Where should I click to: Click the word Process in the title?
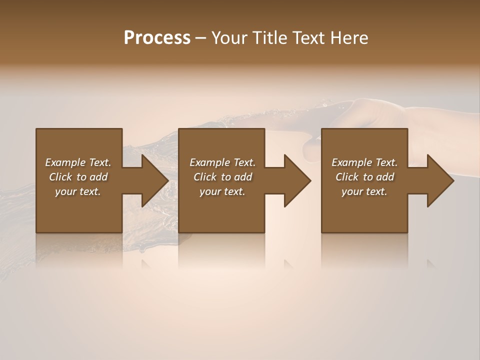[157, 38]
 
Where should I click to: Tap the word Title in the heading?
[268, 38]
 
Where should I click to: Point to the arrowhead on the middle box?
[297, 180]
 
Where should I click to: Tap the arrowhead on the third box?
[440, 180]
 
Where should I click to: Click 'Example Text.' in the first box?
[78, 162]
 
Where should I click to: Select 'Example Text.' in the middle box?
[222, 162]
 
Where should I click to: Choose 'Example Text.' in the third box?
[364, 162]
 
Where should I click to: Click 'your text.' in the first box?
[78, 191]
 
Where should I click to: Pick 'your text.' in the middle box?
[222, 191]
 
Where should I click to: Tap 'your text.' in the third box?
[364, 191]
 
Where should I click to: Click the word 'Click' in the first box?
[60, 177]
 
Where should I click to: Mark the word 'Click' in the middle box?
[205, 177]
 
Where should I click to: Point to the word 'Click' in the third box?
[347, 177]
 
